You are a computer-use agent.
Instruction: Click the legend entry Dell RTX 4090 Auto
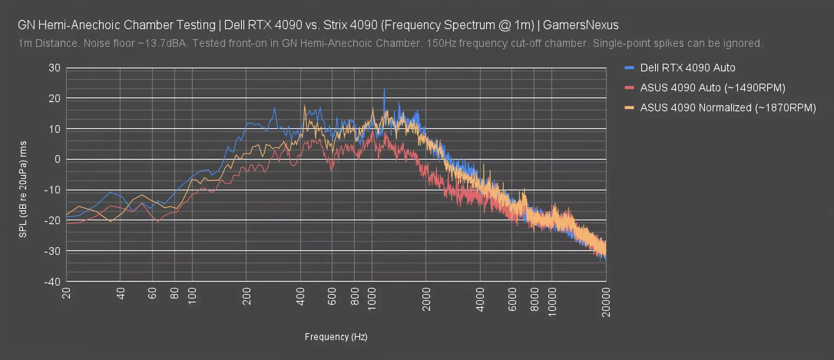(688, 68)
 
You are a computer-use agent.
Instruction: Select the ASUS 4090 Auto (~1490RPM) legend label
(712, 88)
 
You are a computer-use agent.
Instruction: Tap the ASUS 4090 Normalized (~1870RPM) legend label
(728, 108)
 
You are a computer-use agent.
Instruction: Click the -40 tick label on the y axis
(53, 281)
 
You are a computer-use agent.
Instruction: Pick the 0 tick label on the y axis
(57, 159)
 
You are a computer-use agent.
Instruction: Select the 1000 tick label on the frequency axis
(372, 299)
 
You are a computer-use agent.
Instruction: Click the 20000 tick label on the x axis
(606, 302)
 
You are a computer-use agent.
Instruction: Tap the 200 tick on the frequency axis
(246, 296)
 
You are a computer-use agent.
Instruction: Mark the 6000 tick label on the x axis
(512, 299)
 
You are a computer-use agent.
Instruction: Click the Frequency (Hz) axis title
(336, 337)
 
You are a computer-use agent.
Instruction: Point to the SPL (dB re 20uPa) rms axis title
(23, 189)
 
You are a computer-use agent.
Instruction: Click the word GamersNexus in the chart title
(580, 25)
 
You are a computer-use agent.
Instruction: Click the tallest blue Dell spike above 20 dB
(384, 90)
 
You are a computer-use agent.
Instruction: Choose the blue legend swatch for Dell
(629, 68)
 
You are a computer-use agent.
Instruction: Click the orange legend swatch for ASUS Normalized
(629, 108)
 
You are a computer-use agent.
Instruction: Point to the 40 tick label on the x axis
(120, 293)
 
